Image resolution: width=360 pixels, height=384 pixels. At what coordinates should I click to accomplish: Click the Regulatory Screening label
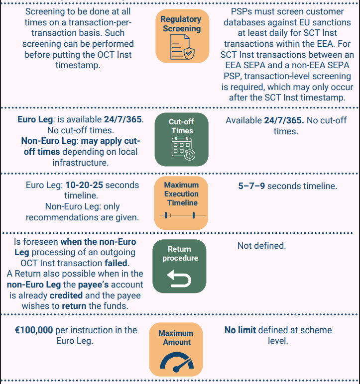pos(181,24)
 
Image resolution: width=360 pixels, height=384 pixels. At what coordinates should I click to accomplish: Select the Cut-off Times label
pos(181,126)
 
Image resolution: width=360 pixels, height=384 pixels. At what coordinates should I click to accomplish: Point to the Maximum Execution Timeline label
pos(182,193)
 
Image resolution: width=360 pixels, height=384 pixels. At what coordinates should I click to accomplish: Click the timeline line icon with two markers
pos(181,215)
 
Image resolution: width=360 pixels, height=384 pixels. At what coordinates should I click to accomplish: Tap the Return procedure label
pos(180,254)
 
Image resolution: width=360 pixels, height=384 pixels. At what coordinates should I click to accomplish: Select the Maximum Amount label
pos(176,338)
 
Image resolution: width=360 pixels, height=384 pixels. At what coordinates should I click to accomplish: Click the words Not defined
pos(261,246)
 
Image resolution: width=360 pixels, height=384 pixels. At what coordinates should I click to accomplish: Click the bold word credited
pos(67,295)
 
